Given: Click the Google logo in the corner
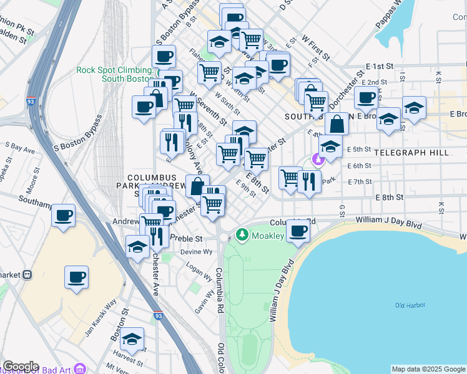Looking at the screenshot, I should coord(21,367).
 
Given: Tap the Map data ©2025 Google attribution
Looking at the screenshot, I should coord(428,369).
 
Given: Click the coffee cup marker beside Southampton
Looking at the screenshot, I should coord(64,216).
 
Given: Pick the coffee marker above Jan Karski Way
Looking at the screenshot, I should coord(77,277).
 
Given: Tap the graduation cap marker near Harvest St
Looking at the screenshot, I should coord(132,340).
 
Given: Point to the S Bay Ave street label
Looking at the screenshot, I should coord(19,148).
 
